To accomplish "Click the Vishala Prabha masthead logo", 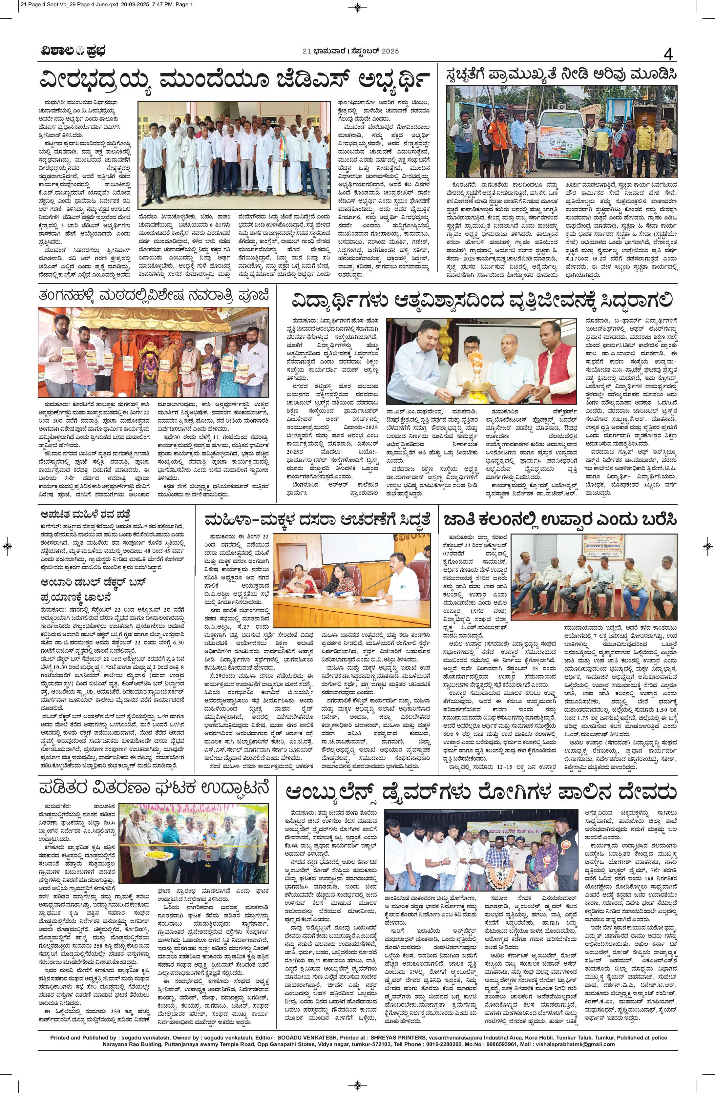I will (x=72, y=51).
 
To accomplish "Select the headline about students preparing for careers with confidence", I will (x=482, y=301).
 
